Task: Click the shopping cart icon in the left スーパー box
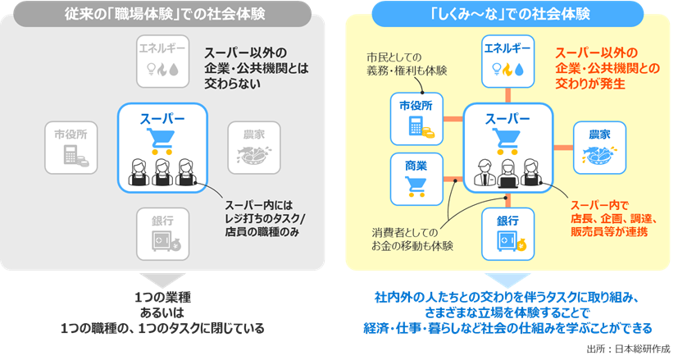pos(160,141)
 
